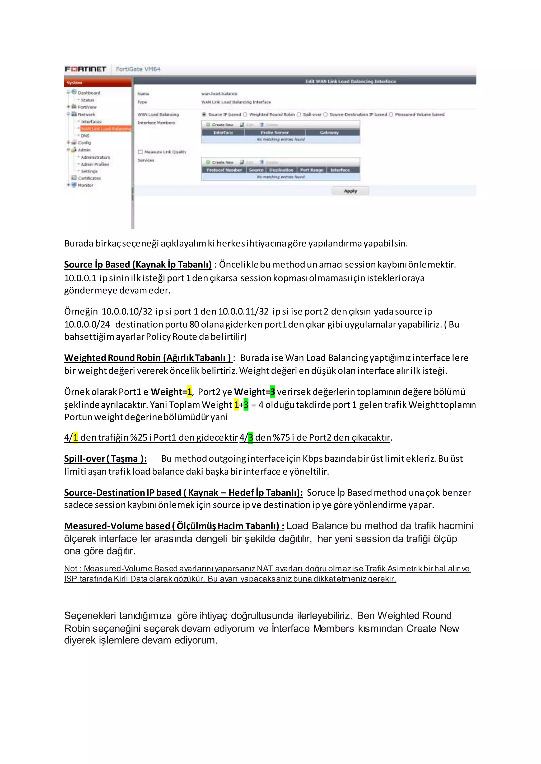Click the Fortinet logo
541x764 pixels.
[x=85, y=69]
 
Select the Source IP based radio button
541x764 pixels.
[x=204, y=114]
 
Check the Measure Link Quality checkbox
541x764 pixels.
[x=141, y=152]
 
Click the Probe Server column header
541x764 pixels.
[x=274, y=132]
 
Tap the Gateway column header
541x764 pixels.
[x=329, y=132]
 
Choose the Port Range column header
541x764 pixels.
[x=311, y=170]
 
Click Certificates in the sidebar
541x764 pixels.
[x=89, y=178]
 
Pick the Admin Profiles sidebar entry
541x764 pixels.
[x=95, y=164]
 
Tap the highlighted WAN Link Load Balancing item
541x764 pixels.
[x=106, y=129]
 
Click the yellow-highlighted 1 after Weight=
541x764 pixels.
[x=189, y=392]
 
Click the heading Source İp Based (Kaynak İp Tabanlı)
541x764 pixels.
[x=138, y=265]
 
